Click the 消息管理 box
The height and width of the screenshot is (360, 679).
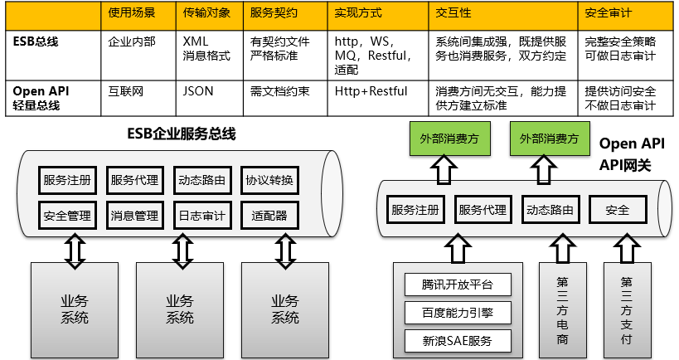tap(133, 216)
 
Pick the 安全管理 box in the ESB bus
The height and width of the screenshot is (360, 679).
tap(67, 216)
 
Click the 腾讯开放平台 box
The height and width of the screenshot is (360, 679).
tap(457, 285)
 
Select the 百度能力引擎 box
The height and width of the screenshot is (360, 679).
tap(457, 313)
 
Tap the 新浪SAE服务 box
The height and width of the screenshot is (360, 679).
tap(457, 340)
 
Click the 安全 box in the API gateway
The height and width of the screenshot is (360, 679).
tap(618, 210)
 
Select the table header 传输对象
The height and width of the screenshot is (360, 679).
tap(204, 14)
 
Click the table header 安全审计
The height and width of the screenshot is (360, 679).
tap(609, 14)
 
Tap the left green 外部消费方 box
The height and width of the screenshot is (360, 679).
tap(442, 139)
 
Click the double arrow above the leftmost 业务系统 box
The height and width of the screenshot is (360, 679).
tap(75, 250)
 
